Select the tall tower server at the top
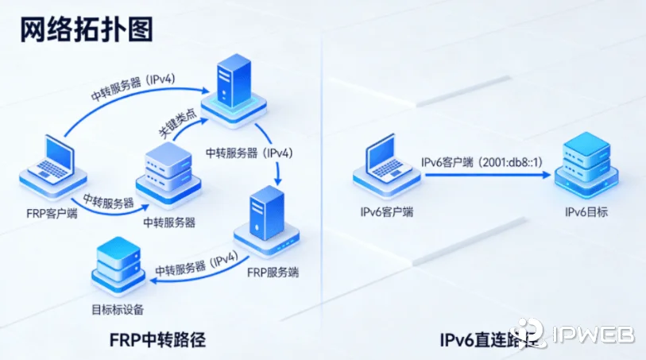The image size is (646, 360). pyautogui.click(x=232, y=87)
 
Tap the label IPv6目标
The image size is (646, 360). pyautogui.click(x=586, y=211)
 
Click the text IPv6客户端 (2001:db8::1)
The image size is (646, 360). pyautogui.click(x=482, y=161)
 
